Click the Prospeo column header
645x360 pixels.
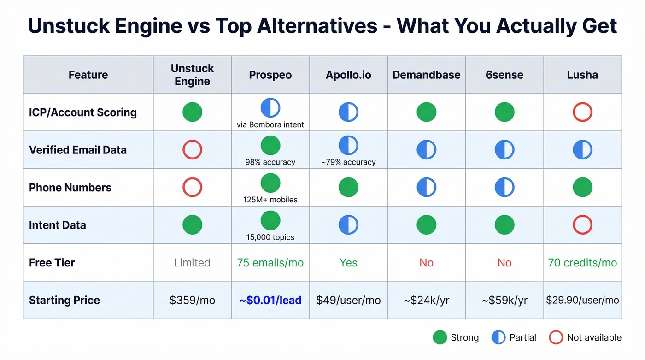pos(270,75)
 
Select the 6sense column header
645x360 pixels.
pos(504,75)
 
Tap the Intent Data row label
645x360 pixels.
pos(57,225)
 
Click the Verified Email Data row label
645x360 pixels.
pos(77,150)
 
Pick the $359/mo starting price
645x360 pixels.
pos(192,300)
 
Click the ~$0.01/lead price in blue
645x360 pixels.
pos(270,300)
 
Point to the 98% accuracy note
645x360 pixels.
pos(270,162)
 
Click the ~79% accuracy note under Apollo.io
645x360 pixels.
pos(348,162)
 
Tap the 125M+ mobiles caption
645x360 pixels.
pos(270,200)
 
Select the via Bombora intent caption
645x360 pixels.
pos(270,124)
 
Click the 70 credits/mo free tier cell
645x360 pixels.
pos(582,263)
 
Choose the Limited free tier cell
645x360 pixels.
pos(192,263)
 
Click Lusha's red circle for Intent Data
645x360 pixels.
pos(582,225)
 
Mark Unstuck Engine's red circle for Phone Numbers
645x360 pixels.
pos(192,187)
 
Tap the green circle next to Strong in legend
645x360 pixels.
pos(440,337)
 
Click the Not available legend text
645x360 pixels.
pos(594,337)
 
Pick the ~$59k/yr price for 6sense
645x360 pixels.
pos(504,300)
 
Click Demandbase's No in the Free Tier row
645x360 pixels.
pos(426,263)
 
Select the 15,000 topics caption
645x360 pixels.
pos(270,237)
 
